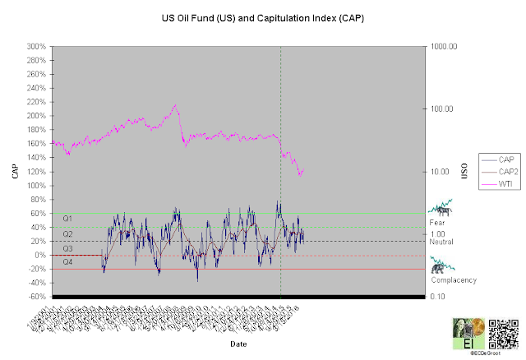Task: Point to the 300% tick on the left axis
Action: click(x=36, y=46)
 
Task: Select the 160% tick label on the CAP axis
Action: click(x=36, y=144)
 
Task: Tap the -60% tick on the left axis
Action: click(x=36, y=296)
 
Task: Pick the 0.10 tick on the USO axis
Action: click(x=437, y=296)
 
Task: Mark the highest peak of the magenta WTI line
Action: click(x=175, y=105)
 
